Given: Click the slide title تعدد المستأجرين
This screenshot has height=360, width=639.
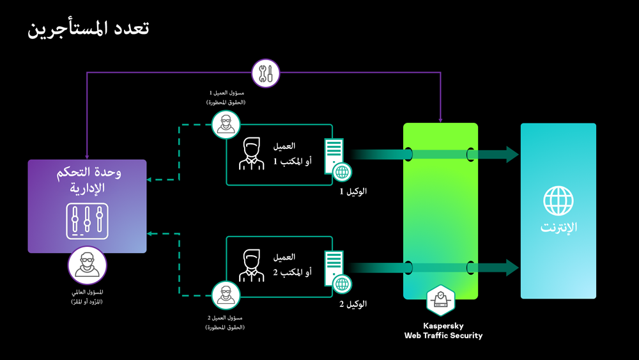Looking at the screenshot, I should pos(89,29).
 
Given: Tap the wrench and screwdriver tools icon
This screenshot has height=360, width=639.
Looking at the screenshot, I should pos(266,74).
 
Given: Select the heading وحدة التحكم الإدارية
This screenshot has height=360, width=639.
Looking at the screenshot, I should pos(88,180).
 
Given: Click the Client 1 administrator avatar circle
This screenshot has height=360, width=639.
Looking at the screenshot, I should pos(226,125).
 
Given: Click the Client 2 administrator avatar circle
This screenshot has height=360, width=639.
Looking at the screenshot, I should pos(226,295).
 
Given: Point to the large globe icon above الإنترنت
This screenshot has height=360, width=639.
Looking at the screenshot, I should pos(558,200).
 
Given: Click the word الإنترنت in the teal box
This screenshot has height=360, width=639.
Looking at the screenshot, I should pos(558,228).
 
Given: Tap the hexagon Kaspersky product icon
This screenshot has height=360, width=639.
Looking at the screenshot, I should pos(441,301).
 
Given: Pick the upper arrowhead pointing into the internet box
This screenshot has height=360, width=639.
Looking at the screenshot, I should pos(512,154).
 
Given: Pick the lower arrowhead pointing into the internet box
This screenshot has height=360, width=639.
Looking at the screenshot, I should pos(512,267).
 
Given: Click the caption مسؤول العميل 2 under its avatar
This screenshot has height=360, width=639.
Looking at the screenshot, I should pos(226,318).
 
